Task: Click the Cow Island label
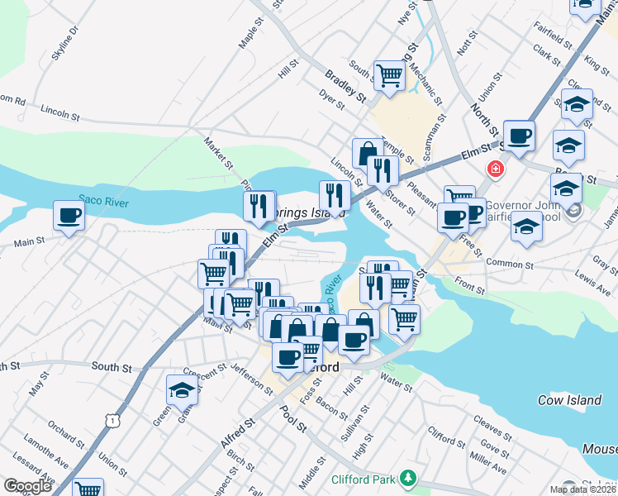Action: [x=569, y=400]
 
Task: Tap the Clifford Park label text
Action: [x=364, y=479]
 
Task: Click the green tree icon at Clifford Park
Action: [x=406, y=478]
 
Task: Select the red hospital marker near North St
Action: [x=495, y=169]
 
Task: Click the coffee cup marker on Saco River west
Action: [x=69, y=216]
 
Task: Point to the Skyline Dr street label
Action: [x=64, y=42]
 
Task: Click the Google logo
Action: [x=27, y=486]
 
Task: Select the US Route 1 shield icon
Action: [x=110, y=421]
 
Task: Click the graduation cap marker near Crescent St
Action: [x=182, y=391]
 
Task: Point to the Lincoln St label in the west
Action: [x=59, y=110]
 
